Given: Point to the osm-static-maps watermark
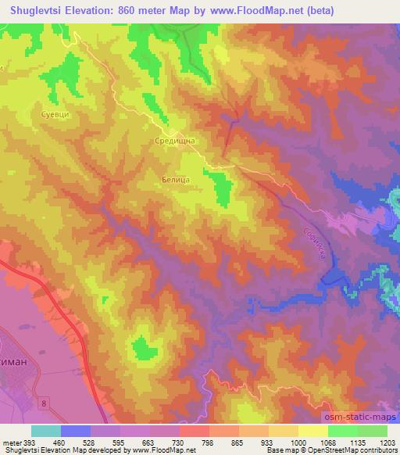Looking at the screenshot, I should [x=357, y=417].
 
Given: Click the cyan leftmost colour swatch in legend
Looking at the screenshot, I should [x=46, y=430].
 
